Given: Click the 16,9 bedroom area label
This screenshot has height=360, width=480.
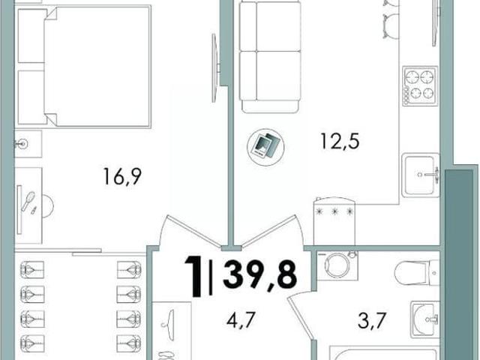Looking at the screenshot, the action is (x=122, y=177).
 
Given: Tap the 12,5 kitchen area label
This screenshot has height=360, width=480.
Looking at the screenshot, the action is (x=340, y=141).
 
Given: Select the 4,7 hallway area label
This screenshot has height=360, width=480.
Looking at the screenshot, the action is (x=241, y=319).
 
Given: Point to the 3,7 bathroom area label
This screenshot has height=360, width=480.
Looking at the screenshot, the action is (x=370, y=320).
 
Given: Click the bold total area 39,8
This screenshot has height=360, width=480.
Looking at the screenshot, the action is (x=260, y=274).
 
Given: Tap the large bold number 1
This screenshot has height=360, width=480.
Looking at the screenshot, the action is (x=193, y=277).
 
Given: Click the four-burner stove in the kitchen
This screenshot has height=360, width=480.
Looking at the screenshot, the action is (x=420, y=86).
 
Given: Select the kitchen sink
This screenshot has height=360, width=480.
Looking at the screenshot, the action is (x=420, y=175).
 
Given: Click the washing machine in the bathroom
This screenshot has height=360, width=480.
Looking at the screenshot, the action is (x=337, y=265).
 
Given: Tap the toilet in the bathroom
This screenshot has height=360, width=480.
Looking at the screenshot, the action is (x=417, y=272).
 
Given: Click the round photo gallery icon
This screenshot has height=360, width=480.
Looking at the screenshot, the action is (x=265, y=147).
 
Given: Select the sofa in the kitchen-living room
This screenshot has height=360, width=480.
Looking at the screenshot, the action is (x=269, y=57).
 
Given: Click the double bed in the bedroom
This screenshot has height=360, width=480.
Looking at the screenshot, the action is (x=84, y=66).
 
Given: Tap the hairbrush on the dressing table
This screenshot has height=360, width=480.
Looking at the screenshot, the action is (x=28, y=201).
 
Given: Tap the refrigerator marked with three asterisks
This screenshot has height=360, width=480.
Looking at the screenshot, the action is (x=334, y=221).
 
